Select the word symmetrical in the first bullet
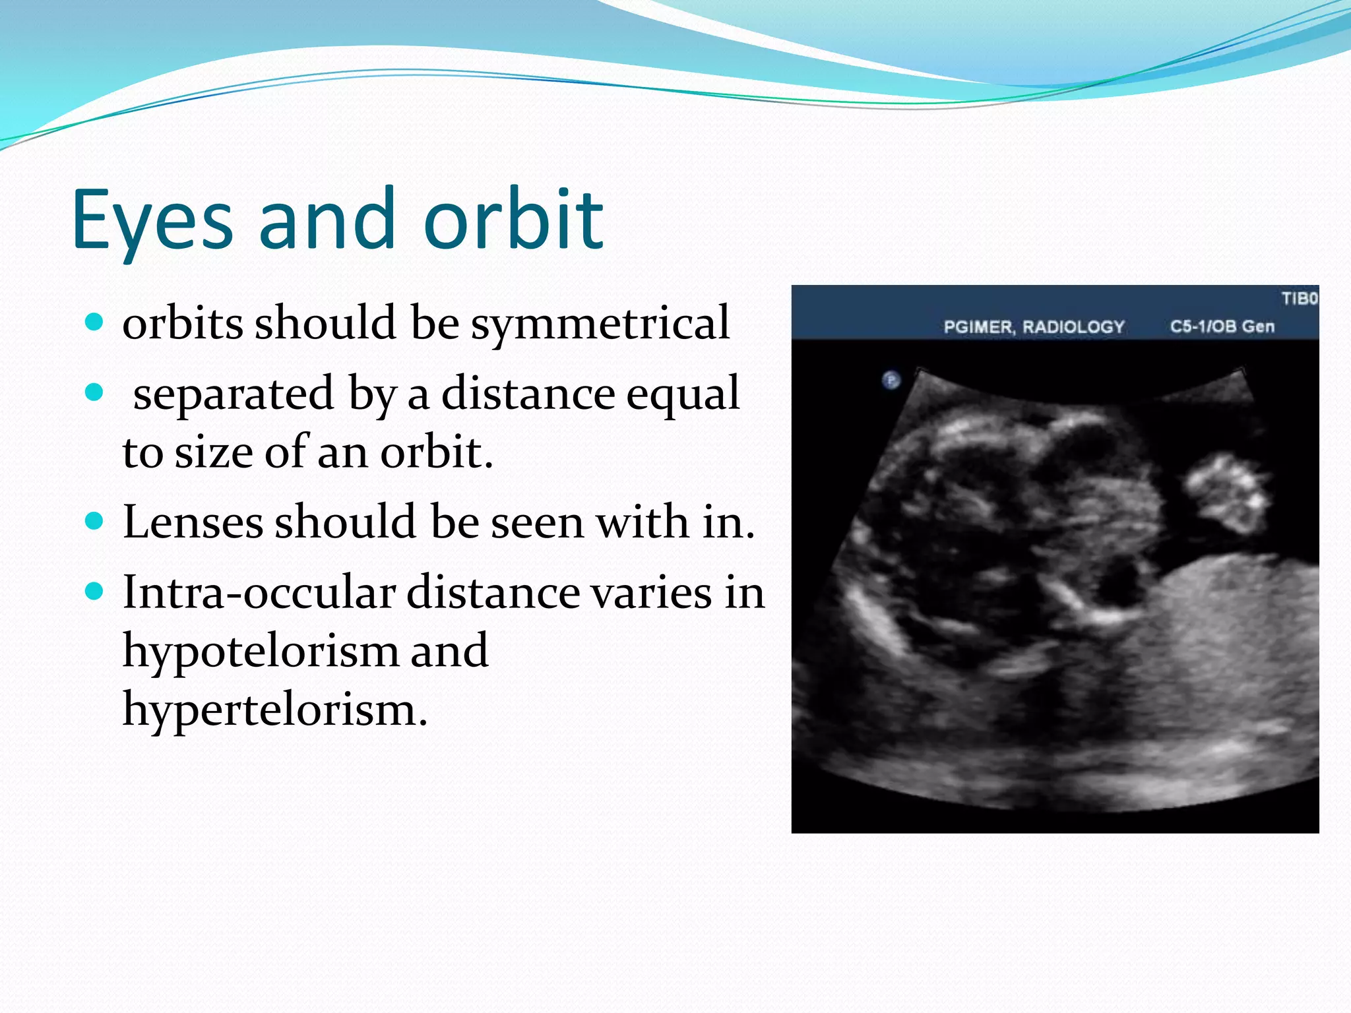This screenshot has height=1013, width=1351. tap(600, 323)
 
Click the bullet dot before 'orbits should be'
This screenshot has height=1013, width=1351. tap(95, 322)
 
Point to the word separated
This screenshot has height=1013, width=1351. tap(233, 394)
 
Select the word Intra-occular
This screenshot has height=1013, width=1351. tap(258, 592)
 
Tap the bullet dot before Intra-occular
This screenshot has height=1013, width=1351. tap(95, 592)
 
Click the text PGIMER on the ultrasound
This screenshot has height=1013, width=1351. tap(979, 327)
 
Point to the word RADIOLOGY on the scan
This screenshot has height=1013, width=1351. tap(1073, 327)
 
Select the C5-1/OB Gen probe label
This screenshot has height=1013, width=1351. tap(1222, 326)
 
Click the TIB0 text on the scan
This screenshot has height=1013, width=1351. tap(1299, 299)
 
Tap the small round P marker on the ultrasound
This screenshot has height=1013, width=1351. tap(891, 381)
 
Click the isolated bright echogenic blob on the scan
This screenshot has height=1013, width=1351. tap(1227, 491)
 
